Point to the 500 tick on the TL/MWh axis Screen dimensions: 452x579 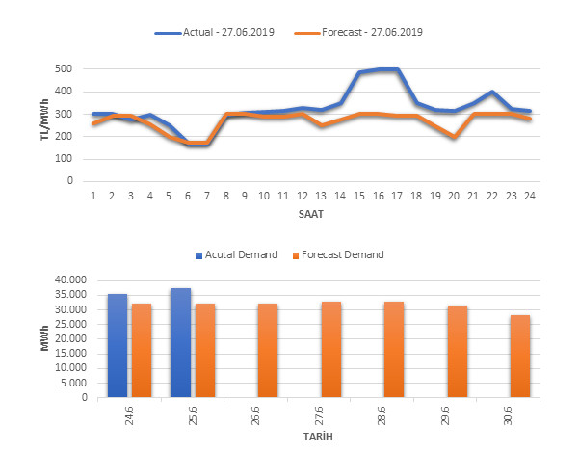click(62, 69)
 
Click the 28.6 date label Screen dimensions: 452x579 click(393, 417)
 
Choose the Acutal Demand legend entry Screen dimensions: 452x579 click(245, 255)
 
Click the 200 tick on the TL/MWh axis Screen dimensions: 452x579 click(62, 136)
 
